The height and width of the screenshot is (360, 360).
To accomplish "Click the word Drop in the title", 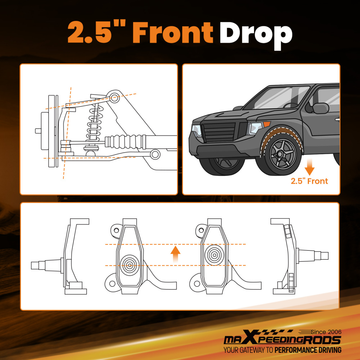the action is point(256,36).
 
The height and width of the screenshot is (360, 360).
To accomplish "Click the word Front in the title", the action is point(173,32).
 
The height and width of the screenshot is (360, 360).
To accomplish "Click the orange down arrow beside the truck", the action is point(309,167).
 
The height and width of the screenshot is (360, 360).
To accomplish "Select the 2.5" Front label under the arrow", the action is point(309,181).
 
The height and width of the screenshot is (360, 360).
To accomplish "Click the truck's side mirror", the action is point(320,108).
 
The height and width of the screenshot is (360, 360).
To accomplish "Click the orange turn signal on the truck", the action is point(266,125).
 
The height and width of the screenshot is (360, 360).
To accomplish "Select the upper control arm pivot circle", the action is point(114,98).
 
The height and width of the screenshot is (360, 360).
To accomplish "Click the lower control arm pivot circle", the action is point(155,154).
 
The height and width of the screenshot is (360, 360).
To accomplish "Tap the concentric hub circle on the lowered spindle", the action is point(130,265).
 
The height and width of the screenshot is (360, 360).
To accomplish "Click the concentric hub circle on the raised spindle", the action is point(214,255).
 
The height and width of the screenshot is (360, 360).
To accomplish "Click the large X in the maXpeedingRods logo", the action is point(249,337).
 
